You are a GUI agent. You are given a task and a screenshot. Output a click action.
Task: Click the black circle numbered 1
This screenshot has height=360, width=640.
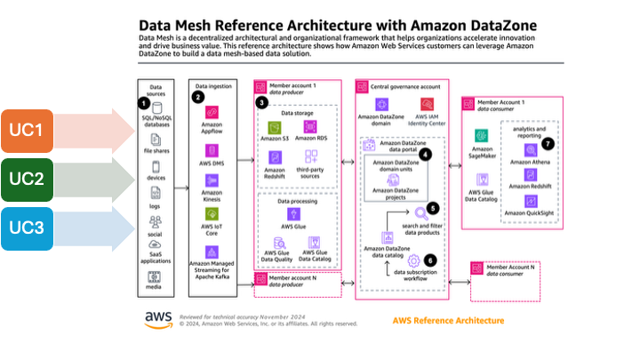[145, 103]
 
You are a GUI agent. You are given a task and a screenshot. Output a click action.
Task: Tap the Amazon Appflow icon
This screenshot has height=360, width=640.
[212, 113]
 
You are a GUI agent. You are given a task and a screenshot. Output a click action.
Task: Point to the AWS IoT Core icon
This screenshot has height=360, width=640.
[212, 213]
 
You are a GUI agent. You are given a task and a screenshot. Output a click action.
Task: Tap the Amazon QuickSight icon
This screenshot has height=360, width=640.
[531, 204]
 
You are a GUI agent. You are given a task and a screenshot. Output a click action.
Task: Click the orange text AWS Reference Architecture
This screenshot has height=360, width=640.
[448, 320]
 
